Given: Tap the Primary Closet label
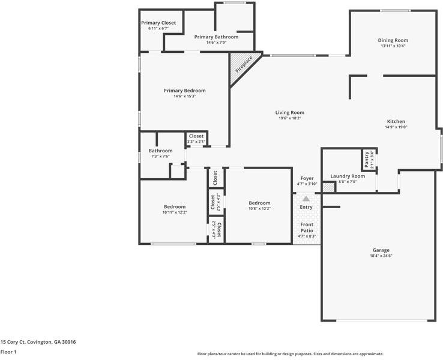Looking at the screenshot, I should pos(158,23).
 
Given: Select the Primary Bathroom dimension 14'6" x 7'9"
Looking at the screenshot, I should pos(216,43).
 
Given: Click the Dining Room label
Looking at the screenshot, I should pos(393,40).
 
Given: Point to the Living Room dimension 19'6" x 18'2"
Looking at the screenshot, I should pos(290,118).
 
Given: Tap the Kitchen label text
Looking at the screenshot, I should pos(396,121).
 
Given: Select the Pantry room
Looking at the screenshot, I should pos(367,160).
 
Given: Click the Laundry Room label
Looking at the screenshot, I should pos(348,176).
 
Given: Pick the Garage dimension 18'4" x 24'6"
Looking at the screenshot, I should pos(381,256).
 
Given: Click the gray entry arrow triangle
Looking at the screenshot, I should pos(306,199).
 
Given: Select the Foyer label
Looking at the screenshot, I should pos(307,178).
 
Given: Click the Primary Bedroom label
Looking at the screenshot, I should pos(184,91).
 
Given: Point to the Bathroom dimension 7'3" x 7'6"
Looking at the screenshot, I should pos(160,156).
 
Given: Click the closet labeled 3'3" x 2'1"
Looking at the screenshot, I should pos(196,139).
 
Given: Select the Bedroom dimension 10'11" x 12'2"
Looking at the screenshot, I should pos(174,212).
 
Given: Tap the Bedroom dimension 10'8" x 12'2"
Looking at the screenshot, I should pos(259,208).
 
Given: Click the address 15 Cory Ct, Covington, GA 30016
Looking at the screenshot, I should pos(38,342).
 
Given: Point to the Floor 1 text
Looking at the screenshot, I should pos(8,352).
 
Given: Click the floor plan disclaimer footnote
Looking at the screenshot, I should pos(290,354).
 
